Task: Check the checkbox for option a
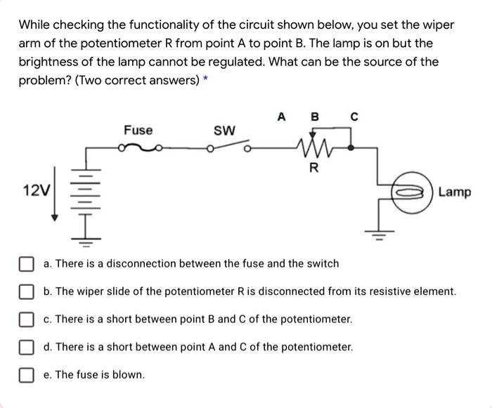(26, 264)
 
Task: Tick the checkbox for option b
(26, 291)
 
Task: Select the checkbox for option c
(26, 319)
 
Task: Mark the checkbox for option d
(26, 347)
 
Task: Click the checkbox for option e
(26, 374)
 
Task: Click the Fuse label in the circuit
(138, 130)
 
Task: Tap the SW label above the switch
(224, 131)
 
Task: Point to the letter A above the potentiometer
(281, 117)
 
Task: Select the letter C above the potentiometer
(354, 117)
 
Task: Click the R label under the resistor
(313, 168)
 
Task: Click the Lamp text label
(455, 192)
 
